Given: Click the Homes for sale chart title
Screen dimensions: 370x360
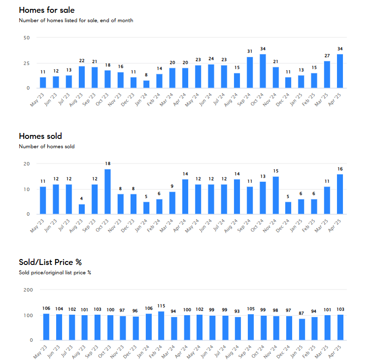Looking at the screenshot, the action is click(x=47, y=10).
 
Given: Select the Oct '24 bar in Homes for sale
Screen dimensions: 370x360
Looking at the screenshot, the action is click(x=263, y=71).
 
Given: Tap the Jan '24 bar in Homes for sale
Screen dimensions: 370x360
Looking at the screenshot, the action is click(x=146, y=84).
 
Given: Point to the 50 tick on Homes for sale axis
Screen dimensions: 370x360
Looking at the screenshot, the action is click(x=27, y=38).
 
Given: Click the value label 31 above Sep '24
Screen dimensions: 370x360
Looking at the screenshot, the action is click(x=250, y=51).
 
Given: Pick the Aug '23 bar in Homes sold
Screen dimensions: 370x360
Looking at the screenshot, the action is click(x=82, y=209).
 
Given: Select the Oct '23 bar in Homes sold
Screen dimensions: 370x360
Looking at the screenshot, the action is click(x=107, y=192).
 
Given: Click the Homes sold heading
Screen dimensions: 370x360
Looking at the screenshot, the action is click(x=40, y=136).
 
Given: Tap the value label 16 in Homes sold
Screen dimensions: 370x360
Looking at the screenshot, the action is click(x=340, y=169).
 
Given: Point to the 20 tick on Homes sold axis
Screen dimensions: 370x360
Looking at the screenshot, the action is click(x=27, y=164).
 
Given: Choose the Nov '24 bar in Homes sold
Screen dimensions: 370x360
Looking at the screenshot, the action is click(x=276, y=196).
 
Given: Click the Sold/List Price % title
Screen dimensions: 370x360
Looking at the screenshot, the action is click(x=50, y=262).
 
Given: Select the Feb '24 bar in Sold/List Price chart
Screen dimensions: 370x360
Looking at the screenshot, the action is click(x=161, y=326).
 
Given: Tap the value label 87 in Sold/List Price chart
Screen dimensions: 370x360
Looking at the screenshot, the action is click(x=302, y=313).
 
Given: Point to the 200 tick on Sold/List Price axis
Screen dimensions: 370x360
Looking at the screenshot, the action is click(x=28, y=290).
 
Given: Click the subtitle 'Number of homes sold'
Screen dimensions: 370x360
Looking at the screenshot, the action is click(x=47, y=146).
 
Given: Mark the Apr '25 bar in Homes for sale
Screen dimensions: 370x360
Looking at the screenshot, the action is click(x=340, y=71).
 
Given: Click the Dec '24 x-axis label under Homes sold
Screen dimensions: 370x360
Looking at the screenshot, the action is click(x=283, y=226).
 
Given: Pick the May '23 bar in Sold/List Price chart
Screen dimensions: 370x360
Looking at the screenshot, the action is click(x=46, y=327).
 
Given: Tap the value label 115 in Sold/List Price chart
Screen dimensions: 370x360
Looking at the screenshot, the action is click(x=161, y=306).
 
